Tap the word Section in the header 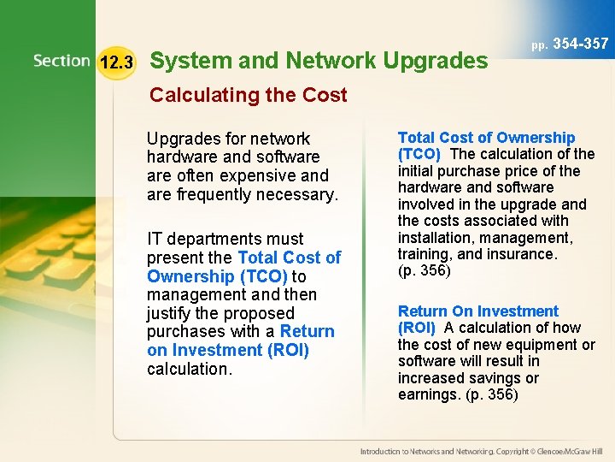point(61,62)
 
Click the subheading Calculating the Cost point(248,95)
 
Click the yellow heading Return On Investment point(477,311)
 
